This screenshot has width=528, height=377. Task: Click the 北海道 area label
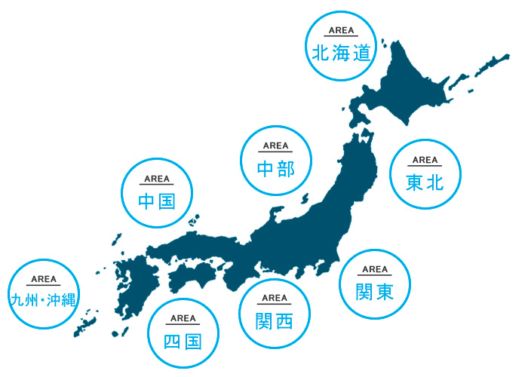click(341, 53)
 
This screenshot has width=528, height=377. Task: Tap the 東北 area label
click(425, 182)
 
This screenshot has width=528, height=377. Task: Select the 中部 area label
click(275, 168)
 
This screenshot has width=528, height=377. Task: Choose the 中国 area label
click(157, 201)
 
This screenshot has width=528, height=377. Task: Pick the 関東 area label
click(375, 290)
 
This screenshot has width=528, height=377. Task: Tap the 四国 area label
click(183, 341)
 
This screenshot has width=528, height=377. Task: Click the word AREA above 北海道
click(341, 32)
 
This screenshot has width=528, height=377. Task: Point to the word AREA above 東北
click(425, 160)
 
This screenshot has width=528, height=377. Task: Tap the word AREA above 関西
click(275, 299)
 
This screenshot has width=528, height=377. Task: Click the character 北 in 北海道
click(320, 53)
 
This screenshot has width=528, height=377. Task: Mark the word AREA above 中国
click(157, 179)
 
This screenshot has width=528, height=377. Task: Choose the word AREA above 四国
click(183, 319)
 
